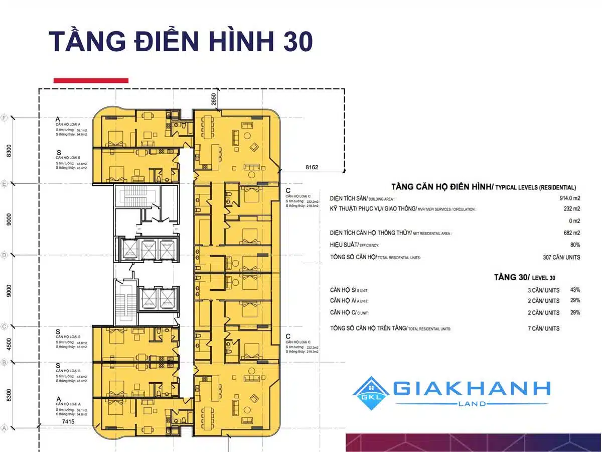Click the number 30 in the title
pos(294,41)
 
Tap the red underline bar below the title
pos(91,80)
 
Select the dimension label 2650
pos(214,99)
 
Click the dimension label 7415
pos(68,422)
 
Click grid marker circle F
pos(5,119)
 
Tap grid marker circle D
pos(4,255)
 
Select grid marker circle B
pos(4,362)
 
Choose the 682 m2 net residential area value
pos(571,233)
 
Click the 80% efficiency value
pos(574,245)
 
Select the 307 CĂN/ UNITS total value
pos(561,257)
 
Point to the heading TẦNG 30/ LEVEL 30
pos(524,277)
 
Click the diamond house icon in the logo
pos(372,393)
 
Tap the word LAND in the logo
pos(472,404)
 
